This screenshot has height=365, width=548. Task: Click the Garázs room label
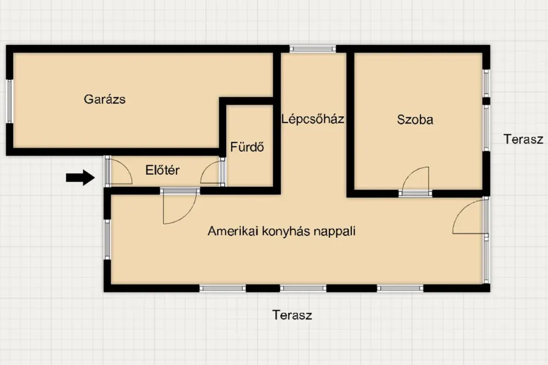[x=105, y=99]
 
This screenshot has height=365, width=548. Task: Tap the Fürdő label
[x=247, y=147]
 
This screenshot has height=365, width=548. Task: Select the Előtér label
[x=163, y=170]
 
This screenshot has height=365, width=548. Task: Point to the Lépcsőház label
[x=313, y=119]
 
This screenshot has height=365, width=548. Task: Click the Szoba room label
[x=415, y=119]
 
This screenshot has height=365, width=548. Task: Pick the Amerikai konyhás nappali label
[x=282, y=231]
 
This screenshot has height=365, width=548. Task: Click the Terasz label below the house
[x=292, y=315]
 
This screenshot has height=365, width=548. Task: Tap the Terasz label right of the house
[x=523, y=139]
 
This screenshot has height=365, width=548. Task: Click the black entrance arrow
[x=81, y=178]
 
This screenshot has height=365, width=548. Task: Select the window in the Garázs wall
[x=9, y=101]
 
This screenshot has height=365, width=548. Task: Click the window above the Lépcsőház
[x=313, y=49]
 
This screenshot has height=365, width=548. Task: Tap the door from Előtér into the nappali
[x=180, y=206]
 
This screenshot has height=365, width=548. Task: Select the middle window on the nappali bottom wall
[x=303, y=288]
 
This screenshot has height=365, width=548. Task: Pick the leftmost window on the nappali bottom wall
[x=222, y=288]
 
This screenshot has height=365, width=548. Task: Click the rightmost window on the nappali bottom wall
[x=400, y=288]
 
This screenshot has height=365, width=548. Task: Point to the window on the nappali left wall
[x=107, y=239]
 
